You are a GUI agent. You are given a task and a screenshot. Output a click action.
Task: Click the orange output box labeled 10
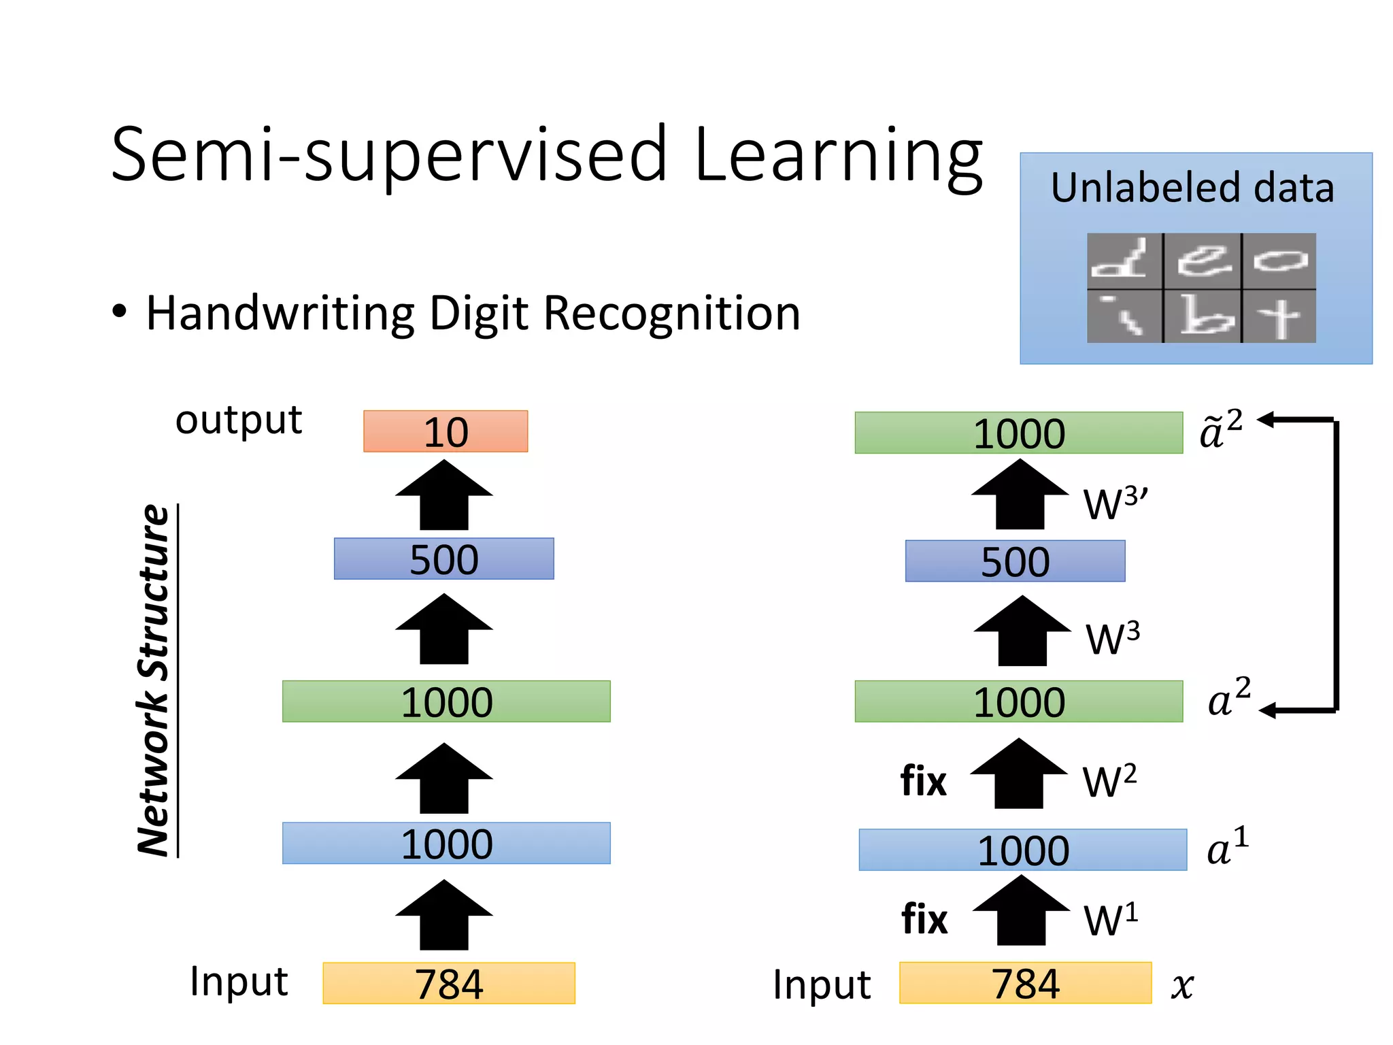446,431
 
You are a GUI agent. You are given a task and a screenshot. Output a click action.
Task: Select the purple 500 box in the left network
443,559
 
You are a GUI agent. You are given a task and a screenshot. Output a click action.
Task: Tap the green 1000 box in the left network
446,701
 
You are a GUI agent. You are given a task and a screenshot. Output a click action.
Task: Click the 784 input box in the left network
449,983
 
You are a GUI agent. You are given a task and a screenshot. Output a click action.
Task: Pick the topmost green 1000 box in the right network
1018,433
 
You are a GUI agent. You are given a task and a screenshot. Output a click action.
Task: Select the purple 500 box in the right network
1015,561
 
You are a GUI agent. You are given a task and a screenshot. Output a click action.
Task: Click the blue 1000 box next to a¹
1022,850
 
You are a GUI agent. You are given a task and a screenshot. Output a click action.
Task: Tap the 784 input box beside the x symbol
1025,983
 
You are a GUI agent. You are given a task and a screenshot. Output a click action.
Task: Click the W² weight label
1109,781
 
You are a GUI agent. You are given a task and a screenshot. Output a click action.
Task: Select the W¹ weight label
1110,920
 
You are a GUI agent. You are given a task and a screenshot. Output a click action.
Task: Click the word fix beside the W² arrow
923,781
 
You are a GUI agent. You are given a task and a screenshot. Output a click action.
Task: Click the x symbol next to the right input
1182,985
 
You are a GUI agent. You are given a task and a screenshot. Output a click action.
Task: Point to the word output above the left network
238,420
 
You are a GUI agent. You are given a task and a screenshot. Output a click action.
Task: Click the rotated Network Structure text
154,680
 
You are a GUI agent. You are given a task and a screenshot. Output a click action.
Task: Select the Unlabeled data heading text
1192,188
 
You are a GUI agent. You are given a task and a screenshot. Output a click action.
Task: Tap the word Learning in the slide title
838,156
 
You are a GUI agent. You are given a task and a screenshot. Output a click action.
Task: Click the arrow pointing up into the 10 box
444,495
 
